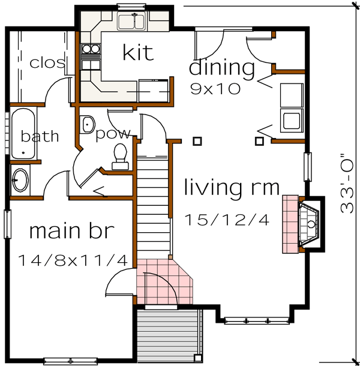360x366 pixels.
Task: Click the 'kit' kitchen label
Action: pyautogui.click(x=138, y=53)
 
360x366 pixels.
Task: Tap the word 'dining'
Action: pyautogui.click(x=222, y=67)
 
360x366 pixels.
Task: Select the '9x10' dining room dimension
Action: pyautogui.click(x=215, y=89)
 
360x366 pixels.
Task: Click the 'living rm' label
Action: pyautogui.click(x=232, y=188)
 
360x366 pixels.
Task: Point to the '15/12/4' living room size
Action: pyautogui.click(x=227, y=220)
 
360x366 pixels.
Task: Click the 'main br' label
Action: pyautogui.click(x=71, y=230)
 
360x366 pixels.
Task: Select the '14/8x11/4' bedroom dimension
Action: pyautogui.click(x=73, y=260)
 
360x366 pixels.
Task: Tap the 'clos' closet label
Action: pyautogui.click(x=47, y=62)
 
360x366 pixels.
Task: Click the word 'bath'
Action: pyautogui.click(x=40, y=136)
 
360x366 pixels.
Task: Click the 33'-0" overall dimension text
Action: pyautogui.click(x=347, y=182)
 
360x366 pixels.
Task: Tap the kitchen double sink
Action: pyautogui.click(x=131, y=22)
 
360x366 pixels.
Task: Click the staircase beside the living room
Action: pyautogui.click(x=154, y=204)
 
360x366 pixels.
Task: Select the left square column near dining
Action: pyautogui.click(x=197, y=141)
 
